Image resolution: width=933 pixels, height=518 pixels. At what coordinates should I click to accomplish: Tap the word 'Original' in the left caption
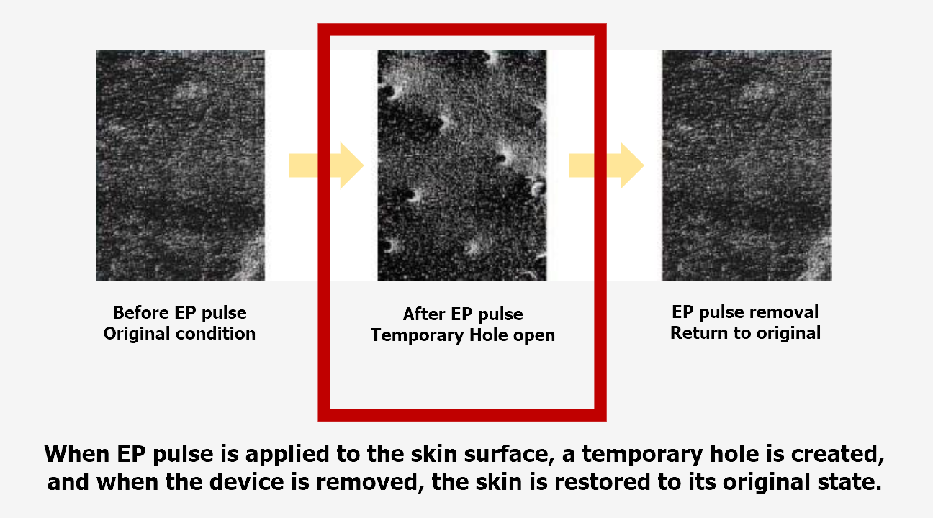coord(137,334)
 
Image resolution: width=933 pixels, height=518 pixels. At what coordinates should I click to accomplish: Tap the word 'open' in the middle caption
coord(534,336)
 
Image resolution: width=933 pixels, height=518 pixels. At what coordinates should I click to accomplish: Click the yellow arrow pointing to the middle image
coord(326,165)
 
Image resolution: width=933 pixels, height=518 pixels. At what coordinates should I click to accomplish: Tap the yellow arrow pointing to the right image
coord(606,165)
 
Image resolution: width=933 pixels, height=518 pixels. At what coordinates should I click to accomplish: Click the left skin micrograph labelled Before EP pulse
coord(180,165)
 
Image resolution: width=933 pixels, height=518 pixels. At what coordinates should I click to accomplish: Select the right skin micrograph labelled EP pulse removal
coord(747,165)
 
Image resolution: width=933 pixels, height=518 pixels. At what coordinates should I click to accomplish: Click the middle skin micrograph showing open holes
coord(462,165)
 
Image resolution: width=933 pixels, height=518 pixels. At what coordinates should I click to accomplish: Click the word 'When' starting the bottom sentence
coord(76,453)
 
